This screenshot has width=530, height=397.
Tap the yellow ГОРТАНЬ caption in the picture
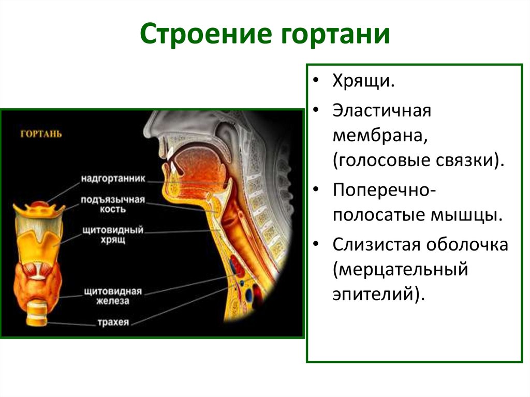41,134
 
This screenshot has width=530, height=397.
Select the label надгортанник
113,178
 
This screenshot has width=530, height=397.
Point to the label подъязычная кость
112,204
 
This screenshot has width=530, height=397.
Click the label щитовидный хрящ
113,234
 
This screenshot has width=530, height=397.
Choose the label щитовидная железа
112,296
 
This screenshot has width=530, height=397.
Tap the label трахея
113,322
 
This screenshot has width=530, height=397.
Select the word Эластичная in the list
381,111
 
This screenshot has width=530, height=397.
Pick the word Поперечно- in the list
385,190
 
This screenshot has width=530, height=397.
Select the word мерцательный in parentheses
401,270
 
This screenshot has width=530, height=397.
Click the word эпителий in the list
378,294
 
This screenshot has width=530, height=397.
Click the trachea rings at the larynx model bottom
37,314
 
